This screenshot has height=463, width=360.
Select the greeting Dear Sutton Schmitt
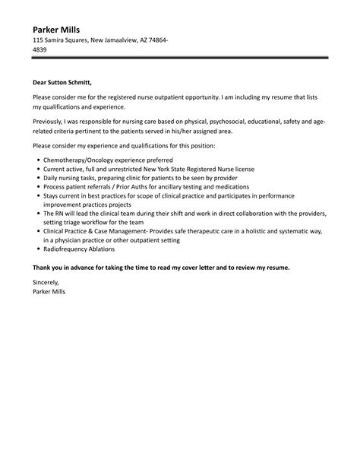(x=67, y=82)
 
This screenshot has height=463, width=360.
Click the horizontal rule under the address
(x=180, y=58)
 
